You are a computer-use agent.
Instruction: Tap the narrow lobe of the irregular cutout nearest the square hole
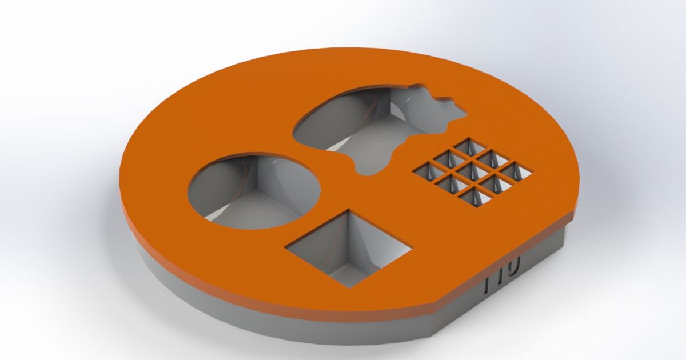[372, 163]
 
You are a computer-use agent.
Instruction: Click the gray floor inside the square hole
[343, 269]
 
